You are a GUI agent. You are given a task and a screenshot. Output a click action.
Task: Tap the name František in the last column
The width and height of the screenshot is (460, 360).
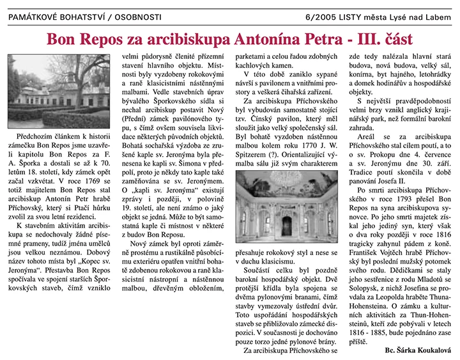377,270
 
